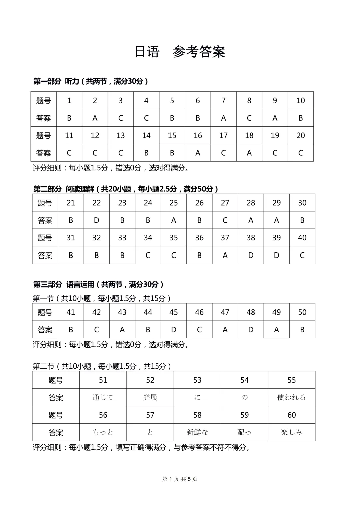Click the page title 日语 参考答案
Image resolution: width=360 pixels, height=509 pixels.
click(180, 52)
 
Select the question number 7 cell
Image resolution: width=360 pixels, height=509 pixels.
click(223, 100)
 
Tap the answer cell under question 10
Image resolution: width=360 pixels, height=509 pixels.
click(300, 118)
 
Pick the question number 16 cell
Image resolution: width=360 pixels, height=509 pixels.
click(198, 135)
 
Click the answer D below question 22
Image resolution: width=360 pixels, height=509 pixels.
click(96, 220)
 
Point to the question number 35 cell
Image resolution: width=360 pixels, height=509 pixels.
click(173, 238)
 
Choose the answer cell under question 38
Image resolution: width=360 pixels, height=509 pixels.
click(251, 256)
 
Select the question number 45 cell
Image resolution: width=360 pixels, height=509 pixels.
click(173, 312)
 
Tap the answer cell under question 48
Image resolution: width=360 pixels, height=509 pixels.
click(251, 330)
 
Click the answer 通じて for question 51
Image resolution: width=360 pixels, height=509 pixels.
click(103, 397)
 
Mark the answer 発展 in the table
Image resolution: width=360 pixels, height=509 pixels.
click(150, 397)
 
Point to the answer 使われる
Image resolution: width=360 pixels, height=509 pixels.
click(291, 397)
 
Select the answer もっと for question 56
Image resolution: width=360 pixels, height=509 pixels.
click(103, 432)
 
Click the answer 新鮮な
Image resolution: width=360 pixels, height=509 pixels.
click(197, 432)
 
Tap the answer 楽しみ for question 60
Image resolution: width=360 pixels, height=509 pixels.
click(291, 432)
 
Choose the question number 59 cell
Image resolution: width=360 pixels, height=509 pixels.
click(244, 415)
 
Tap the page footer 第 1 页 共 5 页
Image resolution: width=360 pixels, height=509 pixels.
click(180, 479)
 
